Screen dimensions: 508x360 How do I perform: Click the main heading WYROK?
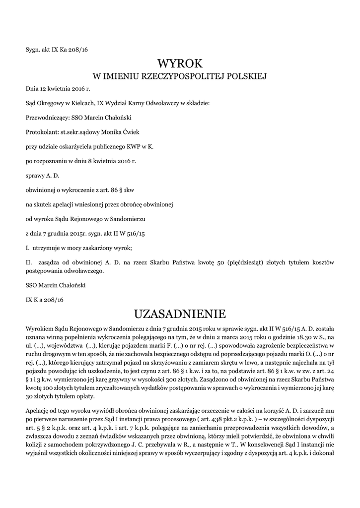tap(180, 63)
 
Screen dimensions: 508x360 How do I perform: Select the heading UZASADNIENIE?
tap(180, 314)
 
